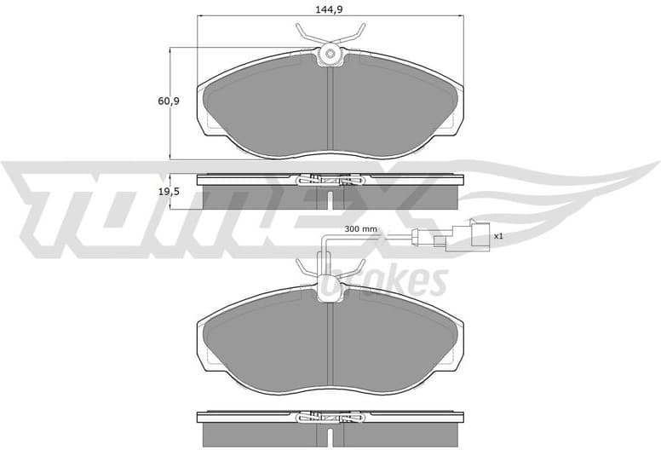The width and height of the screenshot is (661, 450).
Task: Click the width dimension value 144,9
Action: (x=330, y=10)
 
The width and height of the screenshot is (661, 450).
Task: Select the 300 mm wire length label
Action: (x=360, y=229)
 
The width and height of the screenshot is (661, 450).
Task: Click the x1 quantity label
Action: (x=499, y=235)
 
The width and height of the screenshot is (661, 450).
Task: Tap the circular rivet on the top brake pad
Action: (x=330, y=57)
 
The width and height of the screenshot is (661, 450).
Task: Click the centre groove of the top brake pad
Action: (x=330, y=111)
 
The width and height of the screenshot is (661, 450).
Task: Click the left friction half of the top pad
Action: (x=264, y=107)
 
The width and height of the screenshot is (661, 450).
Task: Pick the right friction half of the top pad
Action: (x=396, y=107)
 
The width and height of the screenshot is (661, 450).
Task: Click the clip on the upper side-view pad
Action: (x=330, y=180)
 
